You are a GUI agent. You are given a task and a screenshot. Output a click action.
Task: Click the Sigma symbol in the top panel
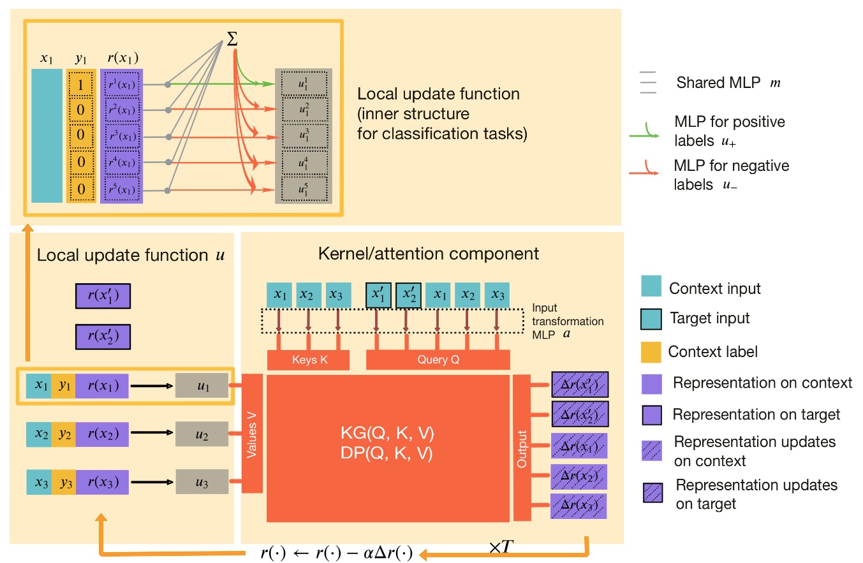233,40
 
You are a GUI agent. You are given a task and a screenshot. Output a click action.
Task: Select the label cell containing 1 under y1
81,84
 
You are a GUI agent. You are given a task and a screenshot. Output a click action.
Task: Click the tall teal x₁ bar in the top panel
47,136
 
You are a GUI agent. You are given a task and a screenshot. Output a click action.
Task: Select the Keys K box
308,360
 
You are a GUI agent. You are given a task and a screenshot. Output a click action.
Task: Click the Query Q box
438,360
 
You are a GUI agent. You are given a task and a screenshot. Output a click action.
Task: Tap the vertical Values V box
252,433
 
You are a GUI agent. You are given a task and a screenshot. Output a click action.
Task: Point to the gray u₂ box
202,435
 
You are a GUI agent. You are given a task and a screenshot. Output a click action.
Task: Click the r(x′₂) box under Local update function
103,335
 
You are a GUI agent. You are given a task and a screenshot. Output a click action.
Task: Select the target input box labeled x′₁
378,295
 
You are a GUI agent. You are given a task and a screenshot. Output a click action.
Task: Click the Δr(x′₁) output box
579,384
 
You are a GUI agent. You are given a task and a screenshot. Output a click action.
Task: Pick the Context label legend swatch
651,351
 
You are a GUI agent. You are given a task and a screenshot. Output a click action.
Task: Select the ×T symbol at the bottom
502,548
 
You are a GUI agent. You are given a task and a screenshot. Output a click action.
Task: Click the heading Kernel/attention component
428,254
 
